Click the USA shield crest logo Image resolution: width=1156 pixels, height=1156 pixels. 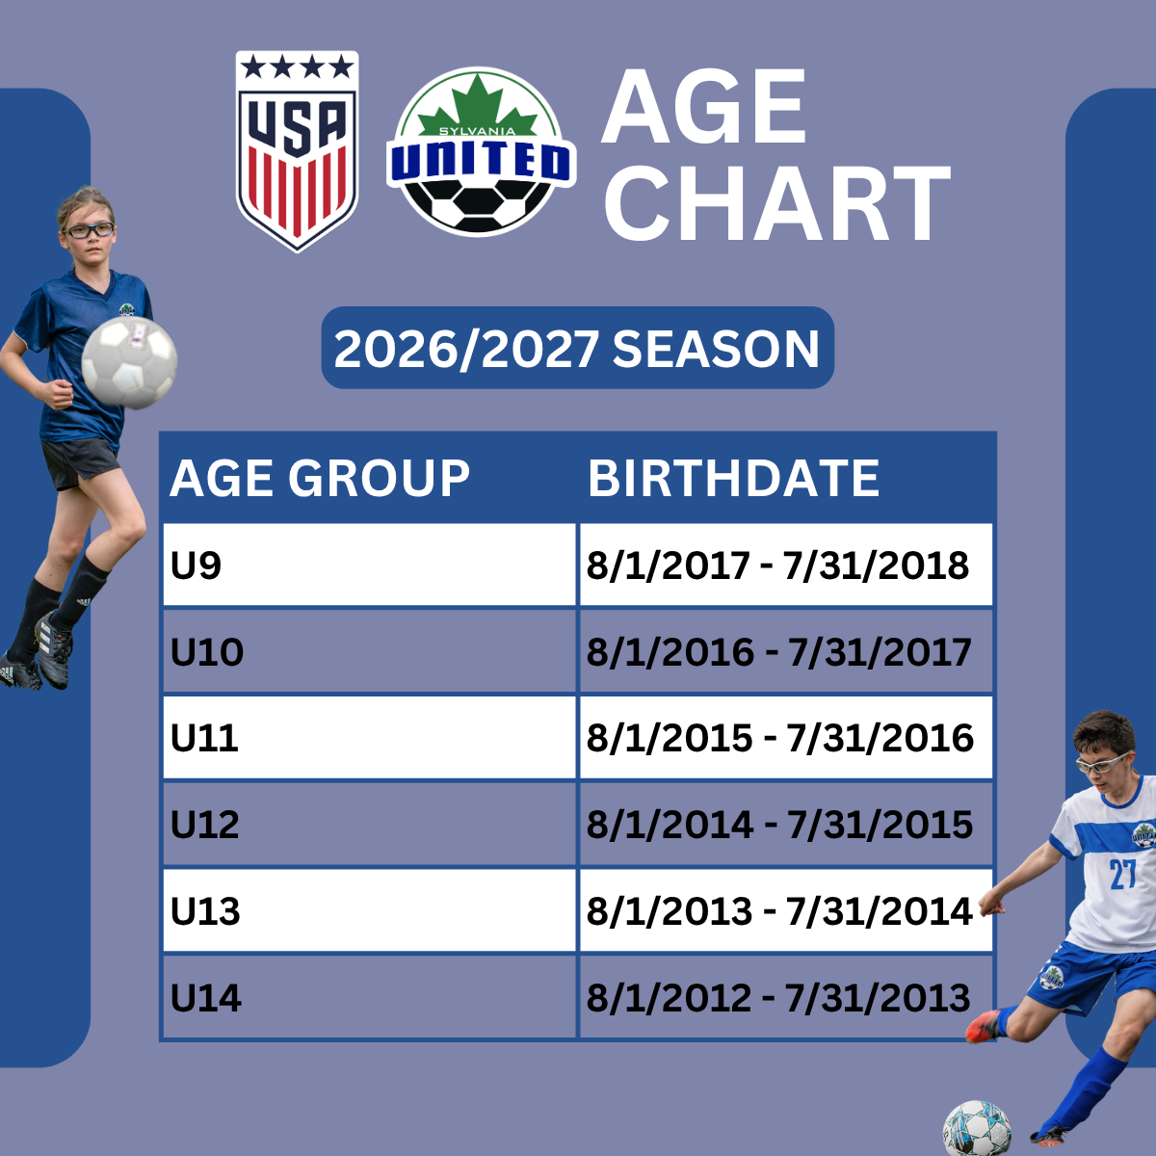297,151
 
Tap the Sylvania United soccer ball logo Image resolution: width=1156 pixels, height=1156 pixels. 481,151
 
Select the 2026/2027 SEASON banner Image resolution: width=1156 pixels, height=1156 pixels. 577,348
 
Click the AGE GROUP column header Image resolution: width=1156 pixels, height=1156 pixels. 320,478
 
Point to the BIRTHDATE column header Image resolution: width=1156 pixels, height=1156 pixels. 733,478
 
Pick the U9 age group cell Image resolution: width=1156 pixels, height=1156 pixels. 369,565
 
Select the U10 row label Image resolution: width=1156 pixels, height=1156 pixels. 207,651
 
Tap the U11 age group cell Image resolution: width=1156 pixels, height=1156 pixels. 369,737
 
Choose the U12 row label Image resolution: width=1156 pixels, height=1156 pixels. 204,825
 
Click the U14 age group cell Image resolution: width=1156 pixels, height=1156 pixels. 369,997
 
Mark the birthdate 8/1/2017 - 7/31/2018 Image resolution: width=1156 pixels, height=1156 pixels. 777,565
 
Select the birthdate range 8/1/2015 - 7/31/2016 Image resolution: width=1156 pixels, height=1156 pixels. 780,738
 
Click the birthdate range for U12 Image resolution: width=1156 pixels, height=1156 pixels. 779,825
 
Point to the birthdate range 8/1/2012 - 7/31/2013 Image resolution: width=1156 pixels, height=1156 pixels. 778,998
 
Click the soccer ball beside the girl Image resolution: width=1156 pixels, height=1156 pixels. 130,363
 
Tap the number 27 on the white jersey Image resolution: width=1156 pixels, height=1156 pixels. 1122,874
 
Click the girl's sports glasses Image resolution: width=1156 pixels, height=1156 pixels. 89,230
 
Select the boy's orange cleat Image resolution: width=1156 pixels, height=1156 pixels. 985,1026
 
